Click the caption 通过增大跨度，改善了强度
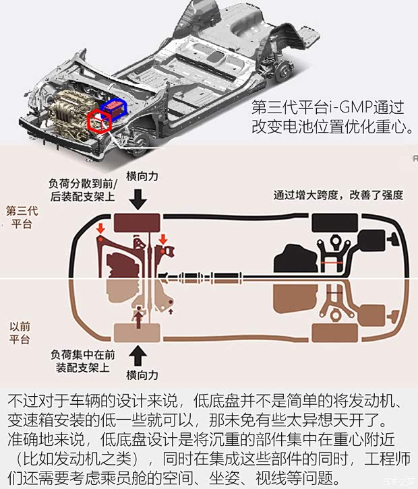click(x=338, y=195)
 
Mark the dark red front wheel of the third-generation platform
click(x=138, y=222)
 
